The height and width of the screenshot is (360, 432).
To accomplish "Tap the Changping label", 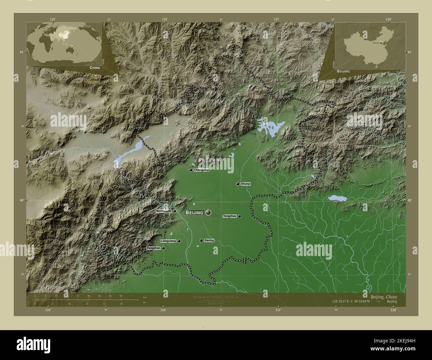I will (x=201, y=170).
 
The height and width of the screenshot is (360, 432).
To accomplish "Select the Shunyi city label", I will (x=246, y=184).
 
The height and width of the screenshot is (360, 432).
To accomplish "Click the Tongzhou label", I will (x=230, y=216).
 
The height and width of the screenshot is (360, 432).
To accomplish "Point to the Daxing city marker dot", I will (x=201, y=240).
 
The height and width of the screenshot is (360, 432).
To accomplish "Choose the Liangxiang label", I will (x=168, y=241).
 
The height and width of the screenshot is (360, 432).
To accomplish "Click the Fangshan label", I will (x=154, y=248).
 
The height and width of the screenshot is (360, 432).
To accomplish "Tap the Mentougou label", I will (x=164, y=211).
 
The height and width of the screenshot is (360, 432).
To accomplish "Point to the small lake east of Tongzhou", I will (x=337, y=198).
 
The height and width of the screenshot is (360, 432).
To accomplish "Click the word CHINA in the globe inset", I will (x=94, y=67).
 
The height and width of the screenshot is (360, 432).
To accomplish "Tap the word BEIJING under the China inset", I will (x=343, y=71).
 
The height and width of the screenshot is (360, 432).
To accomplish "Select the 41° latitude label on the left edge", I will (x=21, y=52).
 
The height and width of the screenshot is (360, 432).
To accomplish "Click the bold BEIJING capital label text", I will (x=194, y=213).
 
